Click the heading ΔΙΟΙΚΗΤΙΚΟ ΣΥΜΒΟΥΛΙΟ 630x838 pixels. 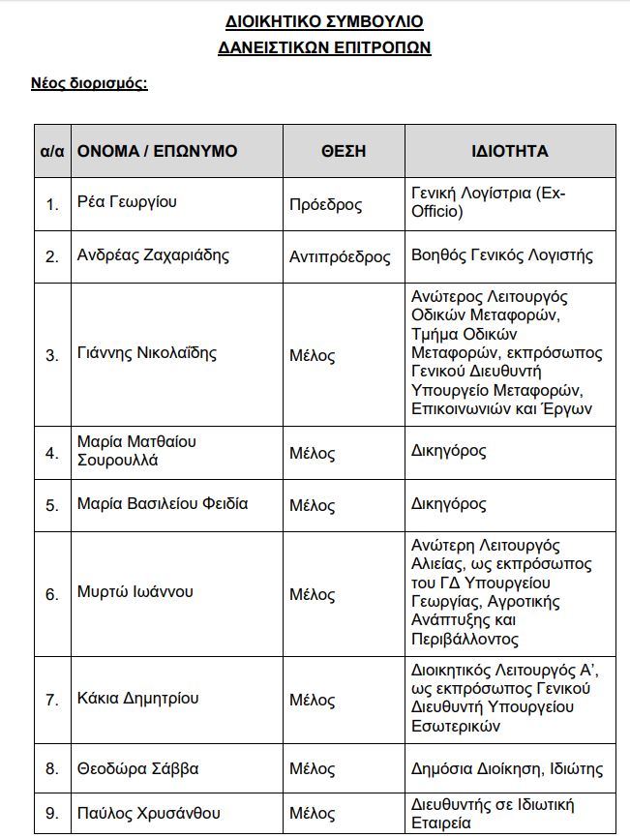coord(324,21)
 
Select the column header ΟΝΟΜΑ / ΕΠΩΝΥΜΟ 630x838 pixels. coord(157,151)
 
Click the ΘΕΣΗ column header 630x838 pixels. coord(343,151)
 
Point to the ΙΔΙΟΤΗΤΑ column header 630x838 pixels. coord(509,151)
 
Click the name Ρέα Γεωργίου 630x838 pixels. coord(127,202)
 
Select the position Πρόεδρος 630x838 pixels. coord(325,204)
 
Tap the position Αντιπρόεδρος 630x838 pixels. coord(340,256)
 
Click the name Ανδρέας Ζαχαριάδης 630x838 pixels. coord(153,255)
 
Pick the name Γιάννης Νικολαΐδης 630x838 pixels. coord(146,353)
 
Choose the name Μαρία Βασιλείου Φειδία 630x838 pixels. coord(163,503)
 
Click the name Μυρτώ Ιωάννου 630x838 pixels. coord(135,592)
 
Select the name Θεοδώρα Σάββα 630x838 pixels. coord(137,769)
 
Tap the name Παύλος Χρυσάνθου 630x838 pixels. coord(147,812)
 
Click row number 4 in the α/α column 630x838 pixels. coord(52,452)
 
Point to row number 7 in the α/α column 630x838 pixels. coord(52,699)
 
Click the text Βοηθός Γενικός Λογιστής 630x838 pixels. coord(501,255)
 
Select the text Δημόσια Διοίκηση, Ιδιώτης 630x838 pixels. coord(507,769)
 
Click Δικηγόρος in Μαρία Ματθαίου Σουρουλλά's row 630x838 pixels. coord(448,451)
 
